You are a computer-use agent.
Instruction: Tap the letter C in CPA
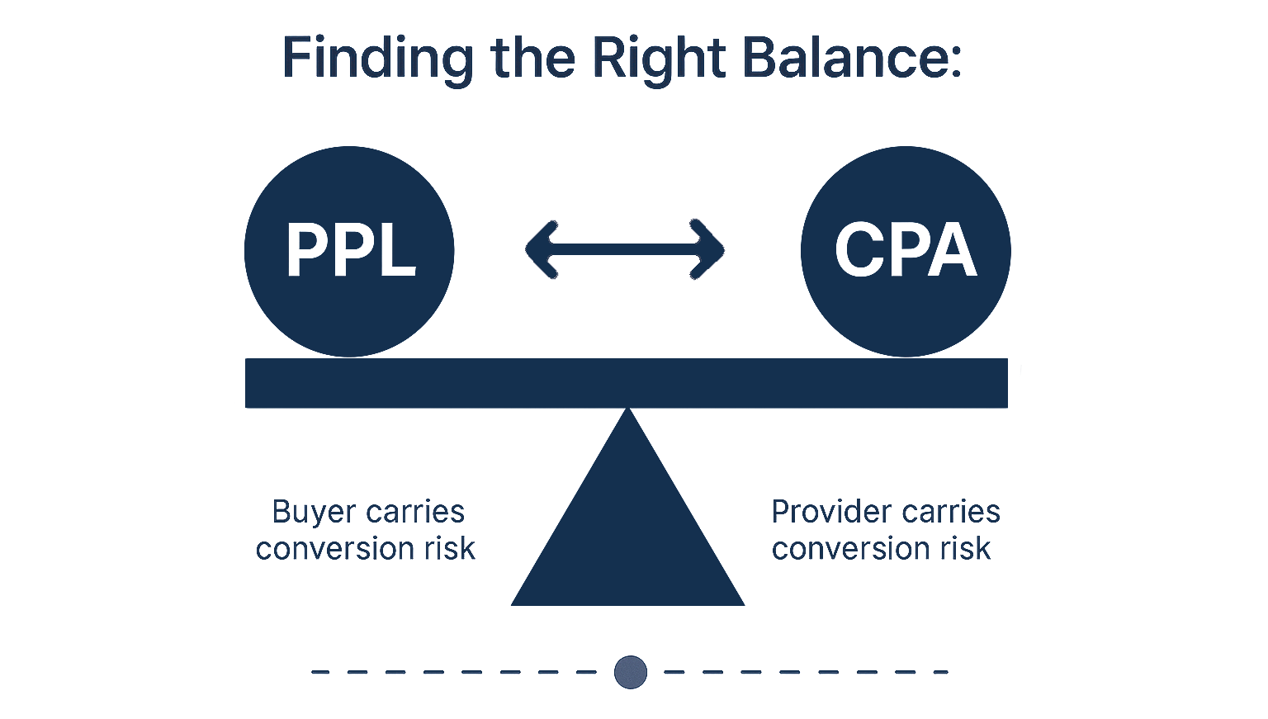[858, 250]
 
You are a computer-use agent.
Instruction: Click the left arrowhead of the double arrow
[541, 248]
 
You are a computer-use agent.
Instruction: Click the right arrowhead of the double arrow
[710, 248]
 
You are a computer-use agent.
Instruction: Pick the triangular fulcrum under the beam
[627, 537]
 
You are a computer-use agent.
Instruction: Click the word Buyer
[304, 513]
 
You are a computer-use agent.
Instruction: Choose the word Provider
[828, 513]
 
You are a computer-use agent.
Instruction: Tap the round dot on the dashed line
[631, 672]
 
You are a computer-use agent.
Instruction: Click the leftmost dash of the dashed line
[320, 672]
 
